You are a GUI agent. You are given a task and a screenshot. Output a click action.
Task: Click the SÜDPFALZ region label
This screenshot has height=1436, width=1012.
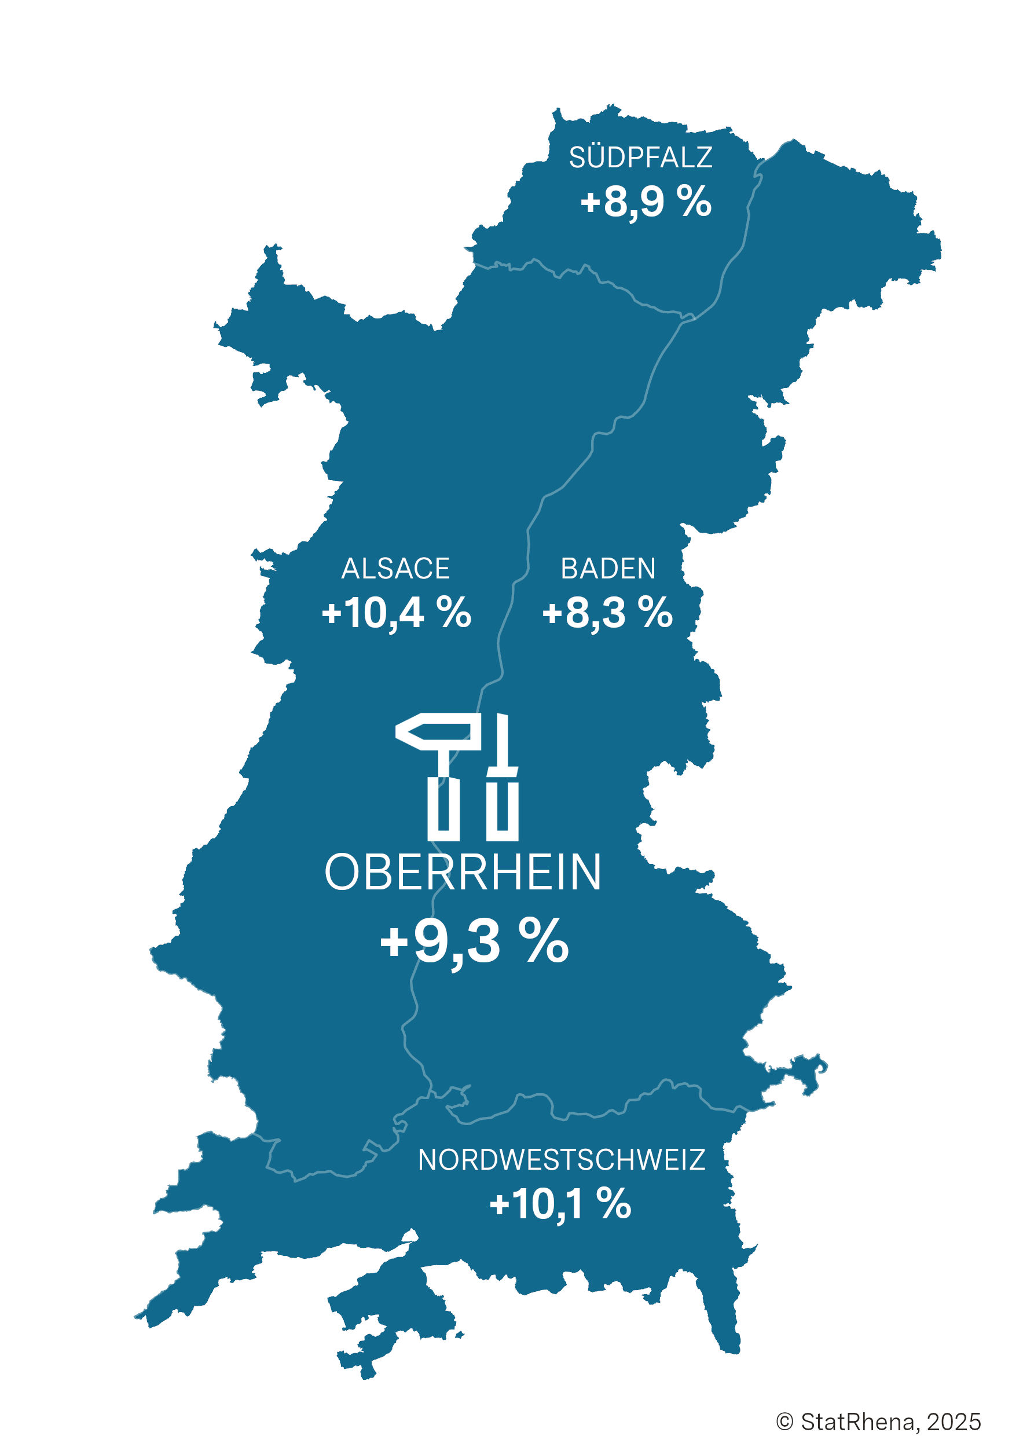click(x=640, y=157)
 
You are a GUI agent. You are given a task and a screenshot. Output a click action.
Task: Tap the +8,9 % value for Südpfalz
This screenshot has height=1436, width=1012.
click(x=646, y=202)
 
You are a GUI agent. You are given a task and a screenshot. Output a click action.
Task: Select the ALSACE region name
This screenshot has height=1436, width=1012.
click(x=395, y=569)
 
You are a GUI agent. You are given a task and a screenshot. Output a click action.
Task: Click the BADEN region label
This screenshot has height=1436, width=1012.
click(x=608, y=569)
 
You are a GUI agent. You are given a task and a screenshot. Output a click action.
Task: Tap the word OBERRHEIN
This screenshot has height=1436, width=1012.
click(x=463, y=873)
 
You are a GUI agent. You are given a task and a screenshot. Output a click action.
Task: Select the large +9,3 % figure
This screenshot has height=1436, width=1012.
click(x=474, y=942)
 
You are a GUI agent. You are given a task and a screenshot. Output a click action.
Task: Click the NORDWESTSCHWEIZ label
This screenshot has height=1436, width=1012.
click(x=561, y=1160)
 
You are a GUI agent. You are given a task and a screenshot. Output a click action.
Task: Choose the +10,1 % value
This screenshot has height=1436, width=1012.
click(x=560, y=1204)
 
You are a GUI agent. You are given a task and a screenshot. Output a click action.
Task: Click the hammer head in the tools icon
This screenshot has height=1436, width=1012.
click(x=438, y=732)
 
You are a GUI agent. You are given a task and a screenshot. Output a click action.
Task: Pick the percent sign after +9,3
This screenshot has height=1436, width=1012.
click(x=547, y=942)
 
